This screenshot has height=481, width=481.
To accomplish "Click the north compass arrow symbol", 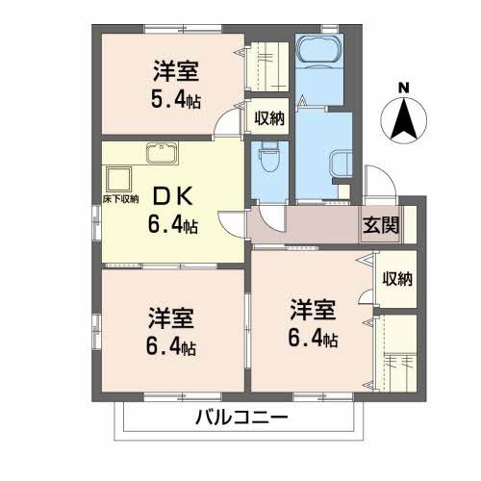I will (x=405, y=120).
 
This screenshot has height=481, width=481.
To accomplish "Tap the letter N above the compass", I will (x=404, y=89).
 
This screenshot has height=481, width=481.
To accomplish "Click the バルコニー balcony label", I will (x=240, y=418).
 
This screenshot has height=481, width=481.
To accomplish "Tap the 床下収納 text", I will (x=122, y=198).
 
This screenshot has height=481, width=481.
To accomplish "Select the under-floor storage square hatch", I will (x=120, y=179).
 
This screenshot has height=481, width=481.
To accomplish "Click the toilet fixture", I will (x=267, y=155).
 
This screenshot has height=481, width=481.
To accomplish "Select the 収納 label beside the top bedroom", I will (x=269, y=118).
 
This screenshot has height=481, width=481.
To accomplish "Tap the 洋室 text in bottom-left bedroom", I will (x=172, y=318).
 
